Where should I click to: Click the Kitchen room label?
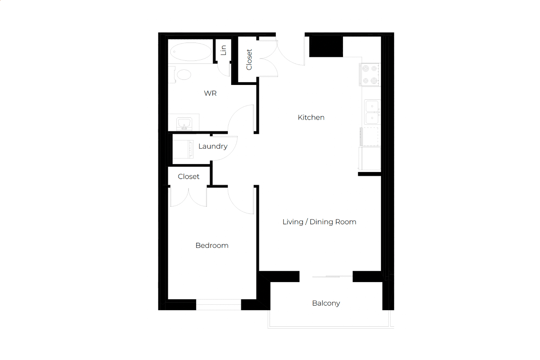click(311, 117)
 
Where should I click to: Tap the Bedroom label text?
click(212, 245)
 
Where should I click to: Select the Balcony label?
click(326, 303)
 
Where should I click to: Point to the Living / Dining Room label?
click(319, 222)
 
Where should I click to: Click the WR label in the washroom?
click(210, 93)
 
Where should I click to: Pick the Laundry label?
click(213, 146)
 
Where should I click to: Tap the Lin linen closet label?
click(224, 50)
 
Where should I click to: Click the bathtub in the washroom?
click(191, 52)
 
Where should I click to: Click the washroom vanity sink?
click(184, 123)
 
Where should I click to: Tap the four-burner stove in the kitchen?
click(370, 74)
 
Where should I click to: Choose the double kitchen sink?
click(372, 112)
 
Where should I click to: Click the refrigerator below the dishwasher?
click(370, 158)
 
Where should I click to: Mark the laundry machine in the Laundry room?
click(183, 149)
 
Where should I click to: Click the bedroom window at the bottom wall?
click(219, 305)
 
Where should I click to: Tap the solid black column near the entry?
click(326, 47)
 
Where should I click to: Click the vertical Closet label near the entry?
click(249, 60)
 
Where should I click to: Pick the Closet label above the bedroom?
click(189, 176)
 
